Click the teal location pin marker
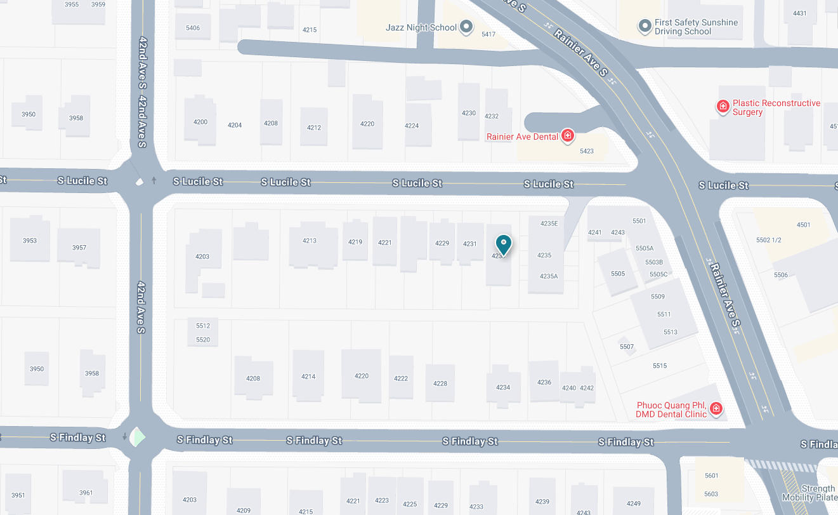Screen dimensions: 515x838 pos(503,244)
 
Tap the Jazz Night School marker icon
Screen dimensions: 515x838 pos(466,27)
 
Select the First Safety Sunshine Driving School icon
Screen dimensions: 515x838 pos(645,26)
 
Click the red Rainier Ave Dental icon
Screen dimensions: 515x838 pos(568,135)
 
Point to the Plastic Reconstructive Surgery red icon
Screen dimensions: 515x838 pos(723,106)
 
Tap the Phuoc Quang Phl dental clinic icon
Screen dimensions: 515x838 pos(716,408)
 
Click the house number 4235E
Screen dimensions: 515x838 pos(549,224)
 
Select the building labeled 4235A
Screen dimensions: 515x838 pos(549,276)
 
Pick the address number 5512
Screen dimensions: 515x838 pos(203,326)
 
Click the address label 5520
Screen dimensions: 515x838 pos(203,340)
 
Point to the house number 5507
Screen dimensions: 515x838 pos(627,347)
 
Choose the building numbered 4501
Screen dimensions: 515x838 pos(804,225)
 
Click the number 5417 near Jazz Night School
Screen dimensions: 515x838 pos(488,34)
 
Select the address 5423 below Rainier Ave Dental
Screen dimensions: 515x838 pos(587,151)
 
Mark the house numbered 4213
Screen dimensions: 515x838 pos(310,241)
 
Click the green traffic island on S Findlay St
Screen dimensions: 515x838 pos(139,438)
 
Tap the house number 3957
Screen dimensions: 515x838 pos(79,248)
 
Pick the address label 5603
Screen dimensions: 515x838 pos(711,494)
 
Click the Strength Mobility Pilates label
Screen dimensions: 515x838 pos(818,493)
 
